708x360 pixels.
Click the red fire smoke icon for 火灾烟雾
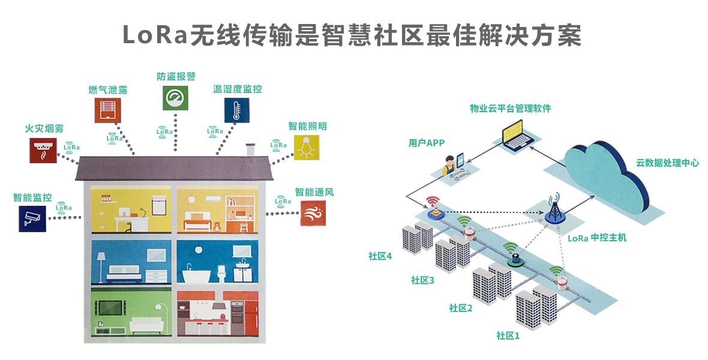(x=43, y=151)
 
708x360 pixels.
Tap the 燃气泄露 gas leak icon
(x=107, y=110)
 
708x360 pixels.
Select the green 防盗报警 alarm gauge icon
(x=175, y=98)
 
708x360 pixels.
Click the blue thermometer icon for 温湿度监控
(x=237, y=110)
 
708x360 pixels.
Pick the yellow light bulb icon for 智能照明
(x=307, y=148)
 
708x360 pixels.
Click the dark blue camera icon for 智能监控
(x=32, y=218)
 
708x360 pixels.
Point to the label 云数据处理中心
(x=667, y=163)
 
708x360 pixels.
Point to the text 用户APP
(x=427, y=143)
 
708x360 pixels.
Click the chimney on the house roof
(x=250, y=149)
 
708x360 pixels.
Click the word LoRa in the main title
(x=155, y=35)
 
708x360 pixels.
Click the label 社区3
(x=422, y=280)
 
